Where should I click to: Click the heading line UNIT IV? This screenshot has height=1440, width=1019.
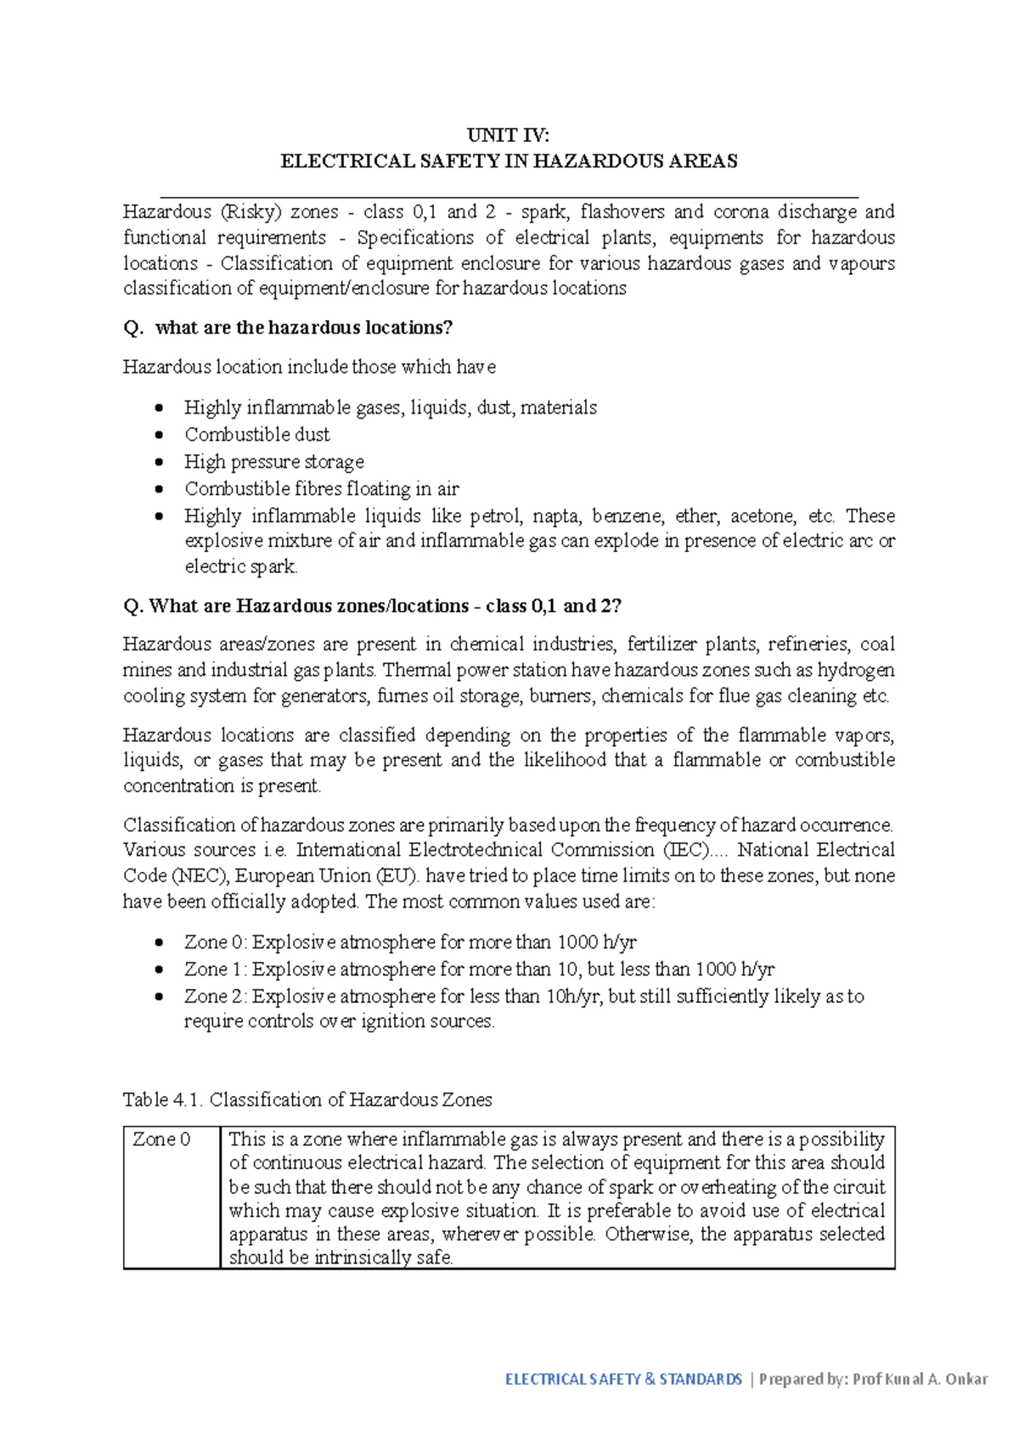coord(509,136)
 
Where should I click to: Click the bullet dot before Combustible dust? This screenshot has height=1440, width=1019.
coord(159,436)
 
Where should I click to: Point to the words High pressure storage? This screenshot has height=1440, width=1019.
coord(274,462)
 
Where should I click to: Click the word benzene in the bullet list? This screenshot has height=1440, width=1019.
coord(624,516)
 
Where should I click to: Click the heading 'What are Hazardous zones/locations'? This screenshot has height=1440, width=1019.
coord(309,606)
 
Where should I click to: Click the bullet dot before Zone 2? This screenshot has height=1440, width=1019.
coord(159,997)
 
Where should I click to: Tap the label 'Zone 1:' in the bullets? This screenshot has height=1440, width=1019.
coord(216,970)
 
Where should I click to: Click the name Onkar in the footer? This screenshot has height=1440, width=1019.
coord(966,1380)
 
